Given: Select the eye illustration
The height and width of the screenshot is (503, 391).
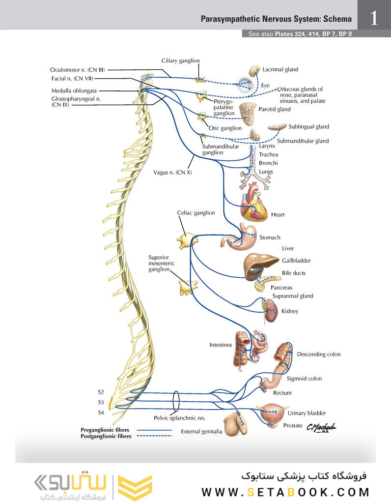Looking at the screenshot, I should [244, 85].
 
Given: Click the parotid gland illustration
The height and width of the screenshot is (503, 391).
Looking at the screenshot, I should [247, 112].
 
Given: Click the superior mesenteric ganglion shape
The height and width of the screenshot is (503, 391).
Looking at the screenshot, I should [187, 286].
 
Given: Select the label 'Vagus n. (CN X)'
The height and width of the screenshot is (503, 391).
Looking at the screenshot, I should [172, 172].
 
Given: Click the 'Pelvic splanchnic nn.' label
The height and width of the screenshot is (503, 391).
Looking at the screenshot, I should [176, 418].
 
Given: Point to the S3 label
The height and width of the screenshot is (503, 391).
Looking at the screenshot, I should [101, 402].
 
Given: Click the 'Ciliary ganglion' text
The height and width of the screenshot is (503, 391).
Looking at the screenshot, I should [181, 61].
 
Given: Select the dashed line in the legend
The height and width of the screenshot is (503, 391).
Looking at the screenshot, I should [154, 436].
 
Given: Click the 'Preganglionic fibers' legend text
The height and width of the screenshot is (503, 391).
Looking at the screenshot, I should [105, 430].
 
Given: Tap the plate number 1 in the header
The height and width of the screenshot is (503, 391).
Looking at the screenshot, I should [374, 19].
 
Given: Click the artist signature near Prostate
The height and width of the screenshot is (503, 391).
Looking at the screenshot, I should [321, 429].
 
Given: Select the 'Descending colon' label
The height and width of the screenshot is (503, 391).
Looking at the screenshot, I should [318, 354].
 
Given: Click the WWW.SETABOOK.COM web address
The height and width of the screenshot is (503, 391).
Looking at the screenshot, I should [285, 492].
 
